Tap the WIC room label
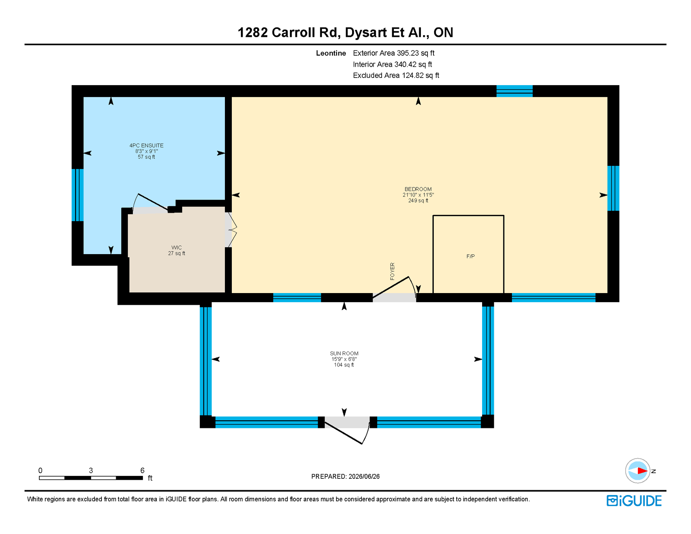[x=177, y=248]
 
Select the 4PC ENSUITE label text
[x=146, y=145]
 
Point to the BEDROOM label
[x=418, y=189]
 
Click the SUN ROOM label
[x=344, y=353]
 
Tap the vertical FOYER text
[x=392, y=271]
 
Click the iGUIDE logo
[x=634, y=501]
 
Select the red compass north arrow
[x=642, y=471]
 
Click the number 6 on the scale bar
[x=142, y=470]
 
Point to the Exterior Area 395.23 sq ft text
[x=394, y=53]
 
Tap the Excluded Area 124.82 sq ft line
[x=396, y=75]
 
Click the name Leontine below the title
[x=331, y=53]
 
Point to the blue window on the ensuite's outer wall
[x=78, y=195]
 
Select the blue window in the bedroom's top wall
[x=514, y=91]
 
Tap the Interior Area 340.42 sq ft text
[x=392, y=64]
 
